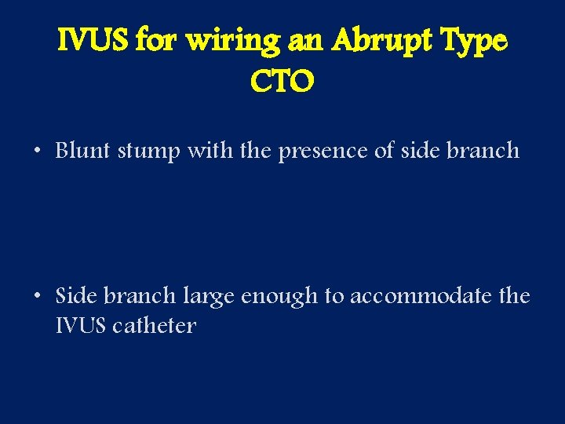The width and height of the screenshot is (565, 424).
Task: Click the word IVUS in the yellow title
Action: coord(94,40)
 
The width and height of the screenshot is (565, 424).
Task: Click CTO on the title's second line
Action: coord(282,80)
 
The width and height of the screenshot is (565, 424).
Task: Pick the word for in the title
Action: coord(155,40)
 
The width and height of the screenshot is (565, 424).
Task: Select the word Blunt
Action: coord(84,150)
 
